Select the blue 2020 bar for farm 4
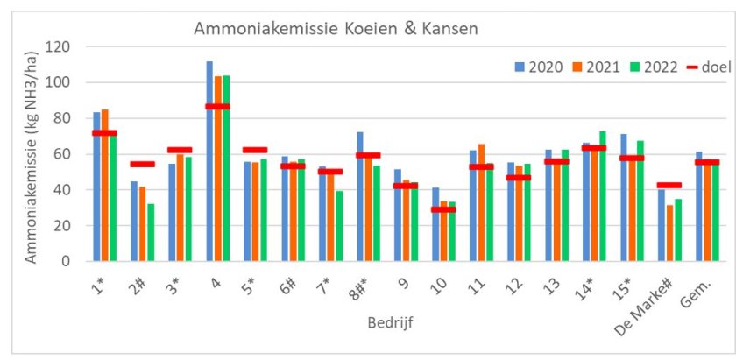click(209, 162)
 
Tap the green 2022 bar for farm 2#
click(152, 232)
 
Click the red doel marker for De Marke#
click(669, 185)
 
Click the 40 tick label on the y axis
click(76, 190)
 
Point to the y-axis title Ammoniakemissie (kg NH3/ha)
click(30, 154)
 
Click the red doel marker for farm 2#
click(143, 164)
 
